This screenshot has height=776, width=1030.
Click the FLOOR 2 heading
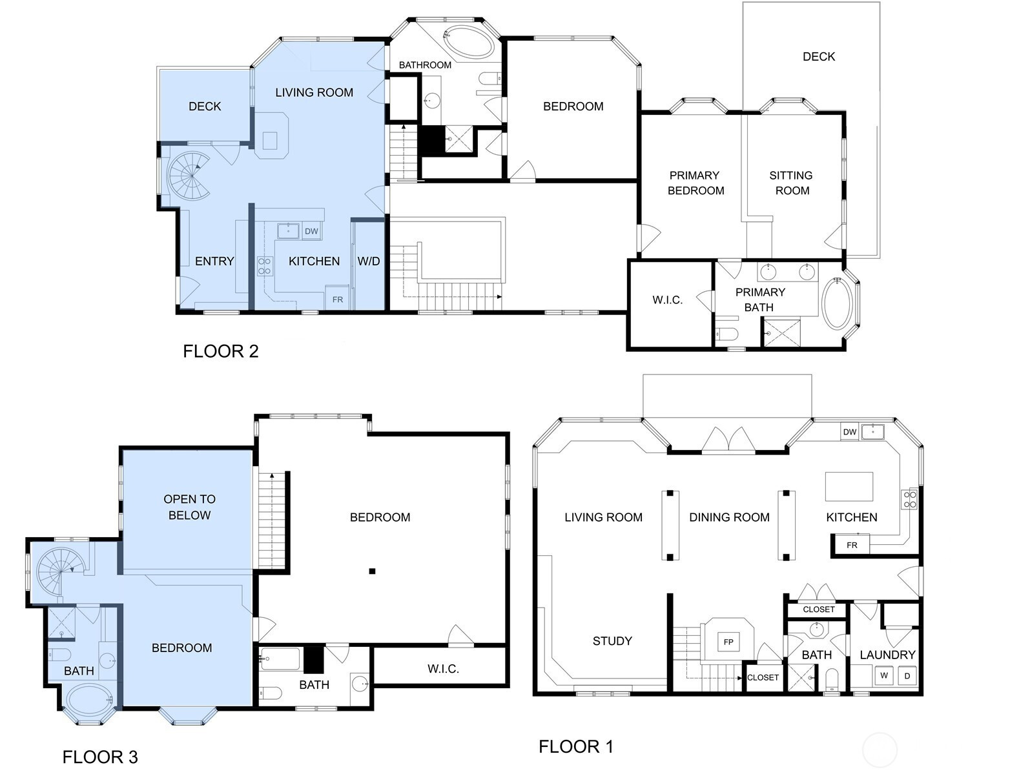pyautogui.click(x=221, y=351)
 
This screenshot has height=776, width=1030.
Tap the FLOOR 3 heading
pyautogui.click(x=100, y=757)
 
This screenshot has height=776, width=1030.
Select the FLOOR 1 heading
pyautogui.click(x=576, y=746)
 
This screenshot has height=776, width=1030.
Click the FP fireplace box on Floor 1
pyautogui.click(x=728, y=642)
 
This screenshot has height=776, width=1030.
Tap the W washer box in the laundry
pyautogui.click(x=884, y=675)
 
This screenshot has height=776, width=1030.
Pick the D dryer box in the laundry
pyautogui.click(x=907, y=675)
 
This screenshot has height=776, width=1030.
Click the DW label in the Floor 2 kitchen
pyautogui.click(x=311, y=231)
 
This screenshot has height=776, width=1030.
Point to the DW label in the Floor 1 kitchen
pyautogui.click(x=850, y=432)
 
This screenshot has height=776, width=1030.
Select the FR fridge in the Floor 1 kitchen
pyautogui.click(x=851, y=545)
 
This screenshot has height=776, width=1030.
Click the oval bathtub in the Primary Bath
pyautogui.click(x=836, y=303)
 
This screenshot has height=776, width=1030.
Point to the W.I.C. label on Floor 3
pyautogui.click(x=443, y=669)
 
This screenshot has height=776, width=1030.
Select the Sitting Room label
pyautogui.click(x=792, y=183)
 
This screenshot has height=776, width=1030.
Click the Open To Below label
pyautogui.click(x=190, y=507)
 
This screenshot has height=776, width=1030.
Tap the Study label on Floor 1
pyautogui.click(x=612, y=641)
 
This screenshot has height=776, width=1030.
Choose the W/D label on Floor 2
pyautogui.click(x=368, y=261)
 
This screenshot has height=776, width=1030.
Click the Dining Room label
pyautogui.click(x=729, y=517)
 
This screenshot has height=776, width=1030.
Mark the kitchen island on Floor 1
pyautogui.click(x=849, y=487)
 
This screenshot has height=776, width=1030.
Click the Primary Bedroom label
pyautogui.click(x=695, y=183)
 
